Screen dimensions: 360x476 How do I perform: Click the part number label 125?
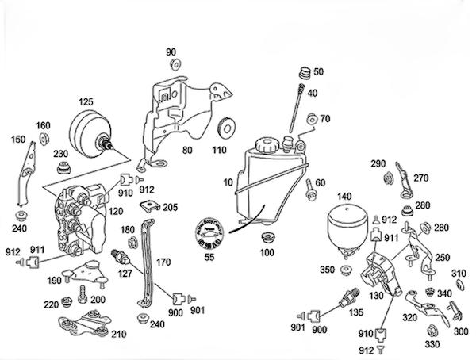85,101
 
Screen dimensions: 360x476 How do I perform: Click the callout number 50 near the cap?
319,72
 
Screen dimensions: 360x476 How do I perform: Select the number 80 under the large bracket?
187,149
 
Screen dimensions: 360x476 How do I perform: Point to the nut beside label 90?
172,66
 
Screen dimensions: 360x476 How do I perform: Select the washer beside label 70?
312,120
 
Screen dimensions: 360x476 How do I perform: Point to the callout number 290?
378,163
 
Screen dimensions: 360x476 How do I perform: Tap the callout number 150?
17,140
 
